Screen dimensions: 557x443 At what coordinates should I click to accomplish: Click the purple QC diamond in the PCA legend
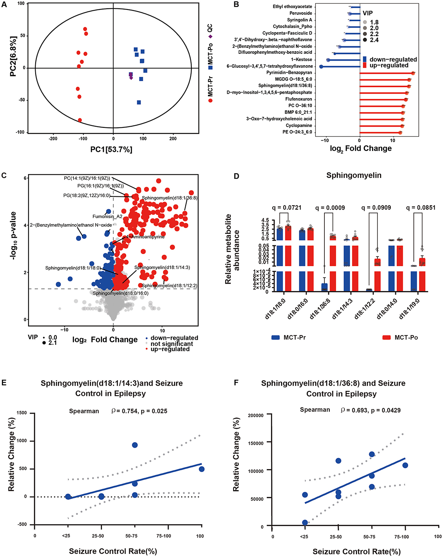point(210,36)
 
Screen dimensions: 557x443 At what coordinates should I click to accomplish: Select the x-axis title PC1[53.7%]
point(111,150)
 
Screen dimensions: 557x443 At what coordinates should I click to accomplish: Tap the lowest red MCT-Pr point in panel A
point(80,120)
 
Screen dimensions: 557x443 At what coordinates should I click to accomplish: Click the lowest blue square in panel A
point(139,102)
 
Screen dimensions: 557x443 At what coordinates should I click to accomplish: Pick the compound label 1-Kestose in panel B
point(302,60)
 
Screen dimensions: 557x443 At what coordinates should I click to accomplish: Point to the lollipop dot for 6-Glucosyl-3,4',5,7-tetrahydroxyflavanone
point(321,66)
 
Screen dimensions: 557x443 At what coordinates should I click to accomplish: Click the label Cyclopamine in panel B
point(299,126)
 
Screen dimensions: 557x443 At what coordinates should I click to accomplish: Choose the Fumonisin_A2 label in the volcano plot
point(108,217)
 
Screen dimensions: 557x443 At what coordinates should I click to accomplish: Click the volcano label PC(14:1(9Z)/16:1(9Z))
point(87,178)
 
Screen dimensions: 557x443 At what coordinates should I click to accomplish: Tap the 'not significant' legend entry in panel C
point(172,344)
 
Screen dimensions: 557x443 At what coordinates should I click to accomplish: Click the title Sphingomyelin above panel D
point(354,176)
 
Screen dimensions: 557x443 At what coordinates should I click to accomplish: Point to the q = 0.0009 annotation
point(330,208)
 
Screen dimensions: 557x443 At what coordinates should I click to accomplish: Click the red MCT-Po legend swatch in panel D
point(387,337)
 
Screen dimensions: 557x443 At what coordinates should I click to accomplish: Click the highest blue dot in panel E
point(135,445)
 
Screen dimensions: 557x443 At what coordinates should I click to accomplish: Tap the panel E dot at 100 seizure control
point(202,469)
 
